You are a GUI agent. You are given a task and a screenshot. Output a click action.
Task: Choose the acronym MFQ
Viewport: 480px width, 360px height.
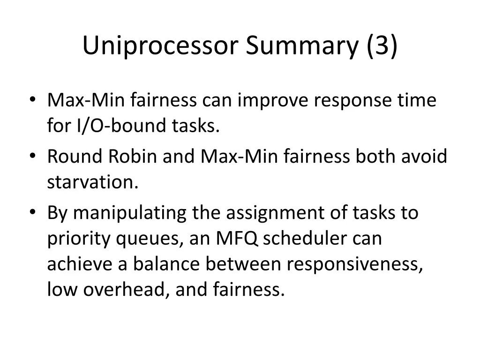point(237,239)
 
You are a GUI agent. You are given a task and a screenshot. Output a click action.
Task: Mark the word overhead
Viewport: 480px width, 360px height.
point(121,290)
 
